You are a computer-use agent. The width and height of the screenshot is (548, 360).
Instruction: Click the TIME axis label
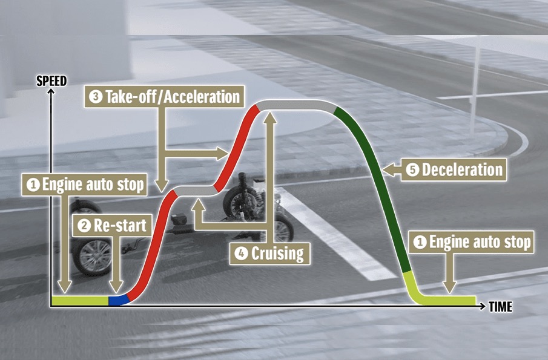(x=500, y=307)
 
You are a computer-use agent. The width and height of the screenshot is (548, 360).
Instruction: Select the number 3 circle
(x=96, y=97)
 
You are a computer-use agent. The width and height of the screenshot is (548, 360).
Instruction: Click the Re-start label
(x=120, y=226)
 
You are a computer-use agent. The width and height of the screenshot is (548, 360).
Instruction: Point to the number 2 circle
(x=84, y=226)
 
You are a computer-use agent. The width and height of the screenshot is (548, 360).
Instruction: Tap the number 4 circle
(x=242, y=252)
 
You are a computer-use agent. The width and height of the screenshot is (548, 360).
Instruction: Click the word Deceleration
(x=463, y=170)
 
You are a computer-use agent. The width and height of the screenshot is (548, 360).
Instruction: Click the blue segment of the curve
(x=117, y=300)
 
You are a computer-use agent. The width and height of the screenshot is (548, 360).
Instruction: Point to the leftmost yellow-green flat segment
(x=79, y=300)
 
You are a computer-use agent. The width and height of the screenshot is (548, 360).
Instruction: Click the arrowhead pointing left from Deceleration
(x=389, y=169)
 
